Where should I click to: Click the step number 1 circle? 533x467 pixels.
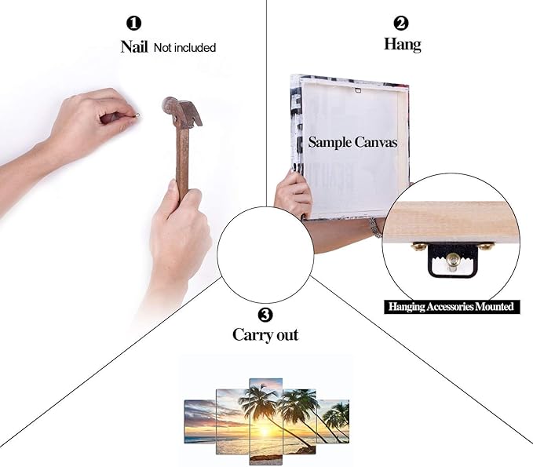133,24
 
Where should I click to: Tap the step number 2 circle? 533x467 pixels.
401,23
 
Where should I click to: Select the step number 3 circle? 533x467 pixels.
265,315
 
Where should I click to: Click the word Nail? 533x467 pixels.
134,46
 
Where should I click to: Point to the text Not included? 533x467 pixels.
184,48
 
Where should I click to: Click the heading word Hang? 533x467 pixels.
403,44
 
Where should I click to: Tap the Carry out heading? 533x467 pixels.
265,335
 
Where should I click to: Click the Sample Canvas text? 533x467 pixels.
352,142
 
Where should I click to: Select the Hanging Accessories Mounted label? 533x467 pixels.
451,307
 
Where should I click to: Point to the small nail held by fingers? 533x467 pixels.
137,115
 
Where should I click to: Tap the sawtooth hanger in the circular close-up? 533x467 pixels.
452,260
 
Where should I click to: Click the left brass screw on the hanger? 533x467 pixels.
418,246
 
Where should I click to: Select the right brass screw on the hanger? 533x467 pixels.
485,246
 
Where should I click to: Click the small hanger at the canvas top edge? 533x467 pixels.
357,90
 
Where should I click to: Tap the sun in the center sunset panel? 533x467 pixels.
265,432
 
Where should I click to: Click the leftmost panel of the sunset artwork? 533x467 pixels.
200,421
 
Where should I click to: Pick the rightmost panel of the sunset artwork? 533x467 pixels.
333,421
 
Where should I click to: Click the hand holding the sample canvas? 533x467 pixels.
294,195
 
